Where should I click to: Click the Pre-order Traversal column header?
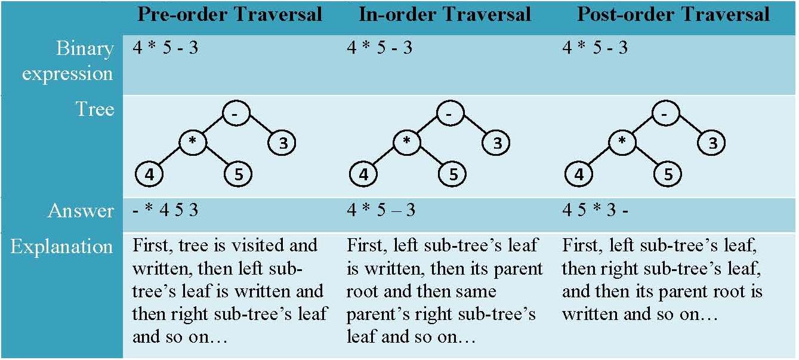pos(230,14)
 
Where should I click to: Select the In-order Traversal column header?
pos(445,14)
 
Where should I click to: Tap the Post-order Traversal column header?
pos(673,14)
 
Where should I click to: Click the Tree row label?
pos(94,109)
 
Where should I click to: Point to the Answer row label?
pos(81,211)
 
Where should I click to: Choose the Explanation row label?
pos(61,247)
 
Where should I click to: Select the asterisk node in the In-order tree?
pos(407,142)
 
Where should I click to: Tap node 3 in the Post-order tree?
pos(712,143)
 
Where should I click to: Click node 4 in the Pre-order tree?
pos(150,175)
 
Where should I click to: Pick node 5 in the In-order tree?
pos(453,175)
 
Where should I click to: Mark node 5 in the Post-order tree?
pos(668,175)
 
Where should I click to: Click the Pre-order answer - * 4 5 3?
pos(165,211)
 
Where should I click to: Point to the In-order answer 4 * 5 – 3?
pos(381,211)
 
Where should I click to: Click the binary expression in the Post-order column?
pos(594,48)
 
